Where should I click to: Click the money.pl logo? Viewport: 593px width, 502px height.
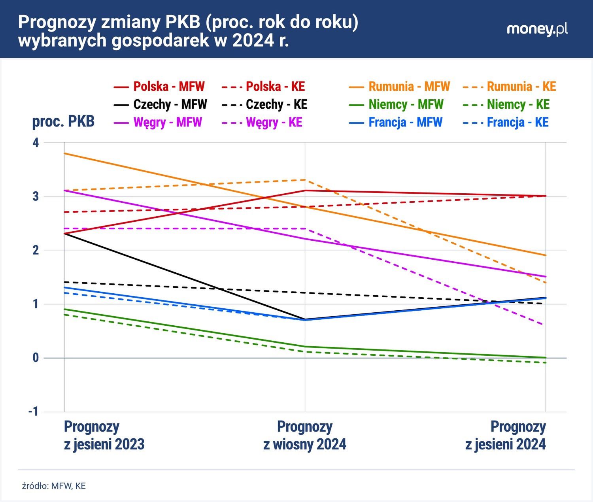point(537,30)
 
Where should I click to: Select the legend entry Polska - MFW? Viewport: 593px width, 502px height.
point(159,87)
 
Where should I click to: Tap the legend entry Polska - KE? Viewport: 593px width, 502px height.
point(264,87)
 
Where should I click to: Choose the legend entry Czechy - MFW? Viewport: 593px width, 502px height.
point(161,104)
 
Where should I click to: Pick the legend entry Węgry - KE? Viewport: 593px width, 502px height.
point(262,122)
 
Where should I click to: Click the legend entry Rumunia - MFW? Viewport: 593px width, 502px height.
point(399,87)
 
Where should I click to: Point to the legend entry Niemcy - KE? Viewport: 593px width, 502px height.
point(506,104)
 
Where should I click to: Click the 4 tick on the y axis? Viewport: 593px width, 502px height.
point(36,142)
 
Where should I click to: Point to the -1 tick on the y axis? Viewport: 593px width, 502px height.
point(34,411)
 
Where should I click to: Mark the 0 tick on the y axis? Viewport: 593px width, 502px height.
point(36,358)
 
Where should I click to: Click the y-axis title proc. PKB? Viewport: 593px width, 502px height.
point(63,121)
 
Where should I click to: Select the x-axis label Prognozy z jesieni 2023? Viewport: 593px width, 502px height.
point(104,435)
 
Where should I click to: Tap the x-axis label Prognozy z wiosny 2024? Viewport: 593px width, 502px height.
point(304,435)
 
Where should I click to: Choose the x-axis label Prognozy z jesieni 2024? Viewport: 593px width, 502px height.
point(506,435)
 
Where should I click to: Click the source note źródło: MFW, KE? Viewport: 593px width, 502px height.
point(54,486)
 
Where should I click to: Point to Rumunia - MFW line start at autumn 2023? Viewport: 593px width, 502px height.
point(65,153)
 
